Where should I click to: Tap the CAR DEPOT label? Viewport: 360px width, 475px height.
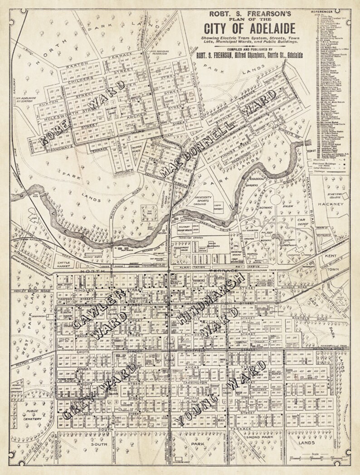click(304, 223)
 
